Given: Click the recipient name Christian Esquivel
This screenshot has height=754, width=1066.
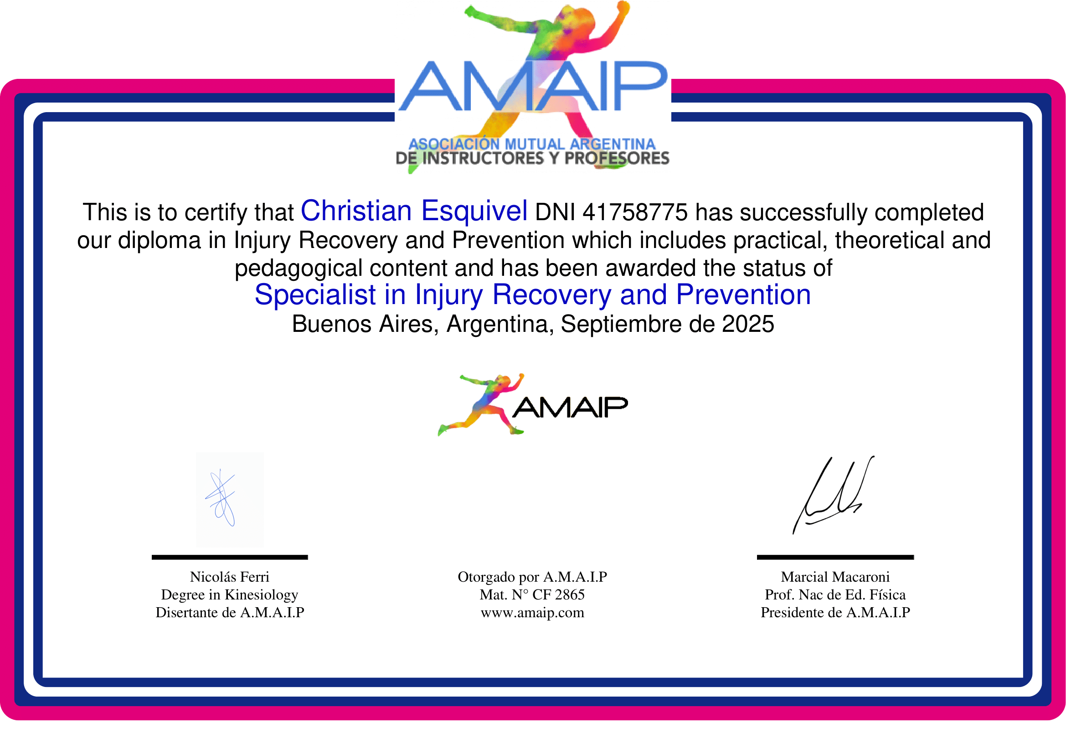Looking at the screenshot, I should click(x=414, y=211).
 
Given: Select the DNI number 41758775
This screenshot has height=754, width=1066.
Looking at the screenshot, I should click(x=635, y=212).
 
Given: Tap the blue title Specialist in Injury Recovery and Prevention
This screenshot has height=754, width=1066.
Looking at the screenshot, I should click(x=532, y=295).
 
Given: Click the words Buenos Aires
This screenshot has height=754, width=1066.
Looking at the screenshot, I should click(x=365, y=324).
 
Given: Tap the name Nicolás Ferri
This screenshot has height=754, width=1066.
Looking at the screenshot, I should click(x=229, y=577).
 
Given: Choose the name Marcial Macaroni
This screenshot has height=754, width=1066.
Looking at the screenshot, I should click(x=835, y=577).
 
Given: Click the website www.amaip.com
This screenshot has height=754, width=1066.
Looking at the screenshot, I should click(x=532, y=613).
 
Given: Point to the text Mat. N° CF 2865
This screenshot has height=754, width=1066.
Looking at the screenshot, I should click(x=532, y=595).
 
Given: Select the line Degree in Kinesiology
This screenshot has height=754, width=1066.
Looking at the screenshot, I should click(x=229, y=595).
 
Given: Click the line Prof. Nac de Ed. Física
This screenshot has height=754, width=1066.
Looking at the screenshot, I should click(x=835, y=595).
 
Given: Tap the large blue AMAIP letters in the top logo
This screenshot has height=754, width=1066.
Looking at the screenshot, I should click(x=532, y=87).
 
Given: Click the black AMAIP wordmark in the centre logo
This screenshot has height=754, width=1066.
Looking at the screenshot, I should click(x=570, y=408).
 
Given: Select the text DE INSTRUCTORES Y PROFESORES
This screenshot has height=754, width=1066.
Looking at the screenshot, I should click(x=532, y=159).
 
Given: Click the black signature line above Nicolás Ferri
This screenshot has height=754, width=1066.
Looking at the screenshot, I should click(x=229, y=557).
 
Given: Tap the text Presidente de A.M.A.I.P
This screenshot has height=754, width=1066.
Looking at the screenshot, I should click(x=835, y=613).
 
